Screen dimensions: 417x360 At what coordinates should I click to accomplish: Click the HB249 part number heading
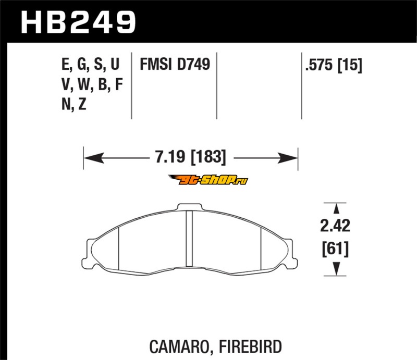click(79, 22)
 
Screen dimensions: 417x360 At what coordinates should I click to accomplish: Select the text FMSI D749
click(175, 64)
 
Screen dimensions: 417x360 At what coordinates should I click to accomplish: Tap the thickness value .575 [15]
click(334, 65)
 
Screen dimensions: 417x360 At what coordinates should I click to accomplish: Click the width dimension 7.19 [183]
click(190, 157)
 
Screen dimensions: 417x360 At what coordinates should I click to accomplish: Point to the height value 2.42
click(335, 226)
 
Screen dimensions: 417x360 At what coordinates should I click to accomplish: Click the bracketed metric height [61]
click(335, 250)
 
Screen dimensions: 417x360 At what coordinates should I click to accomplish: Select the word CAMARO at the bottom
click(180, 346)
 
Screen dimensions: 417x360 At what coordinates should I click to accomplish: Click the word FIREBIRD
click(250, 346)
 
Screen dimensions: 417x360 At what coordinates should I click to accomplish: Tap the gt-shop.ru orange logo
click(208, 180)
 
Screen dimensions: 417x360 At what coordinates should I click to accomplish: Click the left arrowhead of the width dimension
click(94, 158)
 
